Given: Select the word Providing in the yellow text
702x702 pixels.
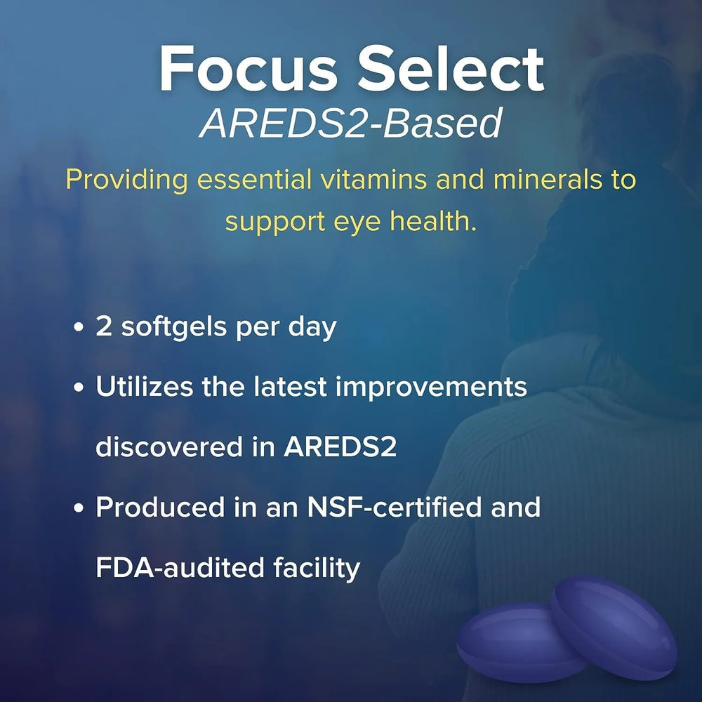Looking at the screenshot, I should (x=126, y=180).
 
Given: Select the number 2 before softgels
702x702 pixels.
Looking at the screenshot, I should (x=105, y=328).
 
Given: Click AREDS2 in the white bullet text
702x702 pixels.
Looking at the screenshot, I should (x=340, y=447).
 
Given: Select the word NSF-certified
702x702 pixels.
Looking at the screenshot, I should (x=402, y=508).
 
